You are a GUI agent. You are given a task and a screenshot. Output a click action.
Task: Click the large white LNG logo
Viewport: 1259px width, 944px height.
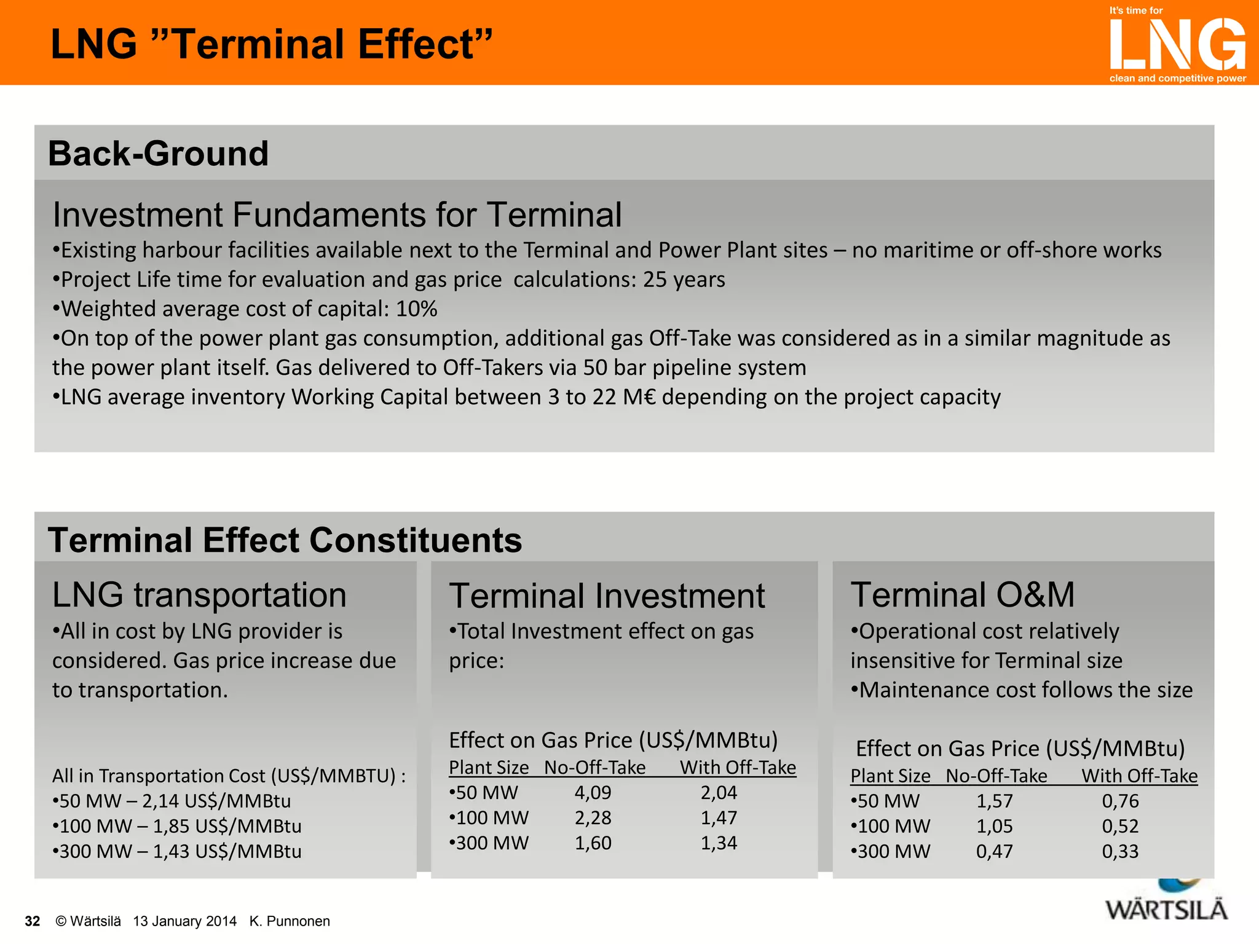[1177, 44]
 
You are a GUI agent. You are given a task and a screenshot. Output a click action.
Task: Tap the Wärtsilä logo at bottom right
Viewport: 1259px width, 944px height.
[1166, 908]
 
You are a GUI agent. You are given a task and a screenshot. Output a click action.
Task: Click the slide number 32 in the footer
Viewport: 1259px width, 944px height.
[32, 921]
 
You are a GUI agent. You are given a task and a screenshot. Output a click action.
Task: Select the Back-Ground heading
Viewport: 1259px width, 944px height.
[158, 154]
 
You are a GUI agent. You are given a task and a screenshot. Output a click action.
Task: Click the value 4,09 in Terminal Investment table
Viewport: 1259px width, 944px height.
[593, 793]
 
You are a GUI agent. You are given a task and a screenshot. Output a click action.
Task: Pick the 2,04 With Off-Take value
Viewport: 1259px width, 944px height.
[719, 793]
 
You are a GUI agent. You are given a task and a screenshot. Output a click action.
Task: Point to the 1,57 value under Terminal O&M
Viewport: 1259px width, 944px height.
[994, 801]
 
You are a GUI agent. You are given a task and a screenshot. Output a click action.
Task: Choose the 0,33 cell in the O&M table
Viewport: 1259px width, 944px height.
[1120, 852]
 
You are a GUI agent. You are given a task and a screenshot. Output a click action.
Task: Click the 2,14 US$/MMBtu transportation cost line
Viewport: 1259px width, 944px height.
[172, 801]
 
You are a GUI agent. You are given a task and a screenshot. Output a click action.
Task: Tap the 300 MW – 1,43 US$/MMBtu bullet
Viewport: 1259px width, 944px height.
[177, 852]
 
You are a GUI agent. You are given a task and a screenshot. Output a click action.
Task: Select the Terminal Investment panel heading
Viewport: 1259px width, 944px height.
[607, 596]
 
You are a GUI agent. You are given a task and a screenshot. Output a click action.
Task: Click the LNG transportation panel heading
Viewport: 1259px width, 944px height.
[199, 595]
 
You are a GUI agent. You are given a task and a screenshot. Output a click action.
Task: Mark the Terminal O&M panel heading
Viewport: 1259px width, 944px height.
[963, 595]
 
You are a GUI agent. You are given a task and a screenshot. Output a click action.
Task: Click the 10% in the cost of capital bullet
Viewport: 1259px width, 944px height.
[416, 309]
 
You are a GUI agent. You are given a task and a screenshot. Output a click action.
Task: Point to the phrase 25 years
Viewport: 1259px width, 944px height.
[684, 280]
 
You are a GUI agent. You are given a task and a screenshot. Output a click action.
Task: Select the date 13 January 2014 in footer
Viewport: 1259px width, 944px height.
[184, 921]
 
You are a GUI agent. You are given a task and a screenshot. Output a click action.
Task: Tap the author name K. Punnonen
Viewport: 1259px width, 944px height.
[290, 921]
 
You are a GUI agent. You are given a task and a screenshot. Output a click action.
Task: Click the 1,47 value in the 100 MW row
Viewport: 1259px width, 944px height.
[719, 818]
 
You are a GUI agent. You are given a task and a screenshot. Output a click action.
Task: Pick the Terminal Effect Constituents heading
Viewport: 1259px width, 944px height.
[285, 540]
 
